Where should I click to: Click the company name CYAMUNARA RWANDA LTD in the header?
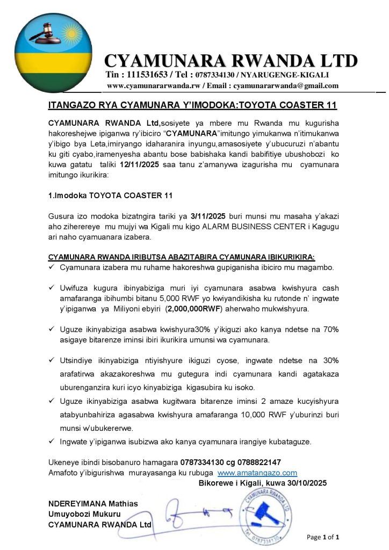(231, 61)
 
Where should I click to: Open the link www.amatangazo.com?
(257, 473)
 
